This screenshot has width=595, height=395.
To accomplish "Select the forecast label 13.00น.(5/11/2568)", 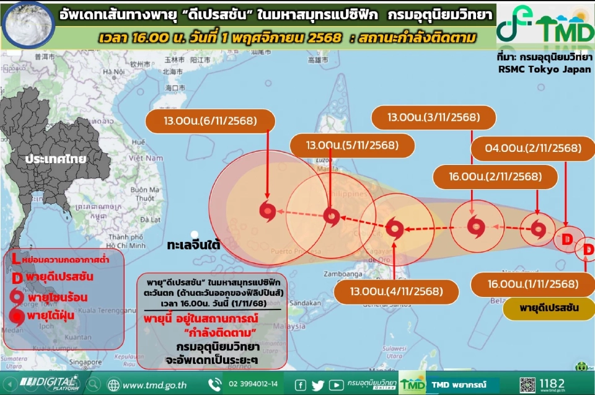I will tap(352, 146).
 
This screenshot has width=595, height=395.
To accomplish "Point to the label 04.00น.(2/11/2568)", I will tap(527, 148).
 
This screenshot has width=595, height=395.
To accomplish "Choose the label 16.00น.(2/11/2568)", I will tap(495, 177).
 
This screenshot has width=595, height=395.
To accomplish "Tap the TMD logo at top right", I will tap(545, 25).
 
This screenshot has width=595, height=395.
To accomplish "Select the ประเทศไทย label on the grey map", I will tap(55, 159).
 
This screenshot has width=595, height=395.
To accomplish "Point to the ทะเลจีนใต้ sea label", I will tap(194, 245).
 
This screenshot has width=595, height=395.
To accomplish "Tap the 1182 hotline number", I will tap(552, 383).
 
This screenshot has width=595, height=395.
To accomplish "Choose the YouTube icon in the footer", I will tap(336, 385).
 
